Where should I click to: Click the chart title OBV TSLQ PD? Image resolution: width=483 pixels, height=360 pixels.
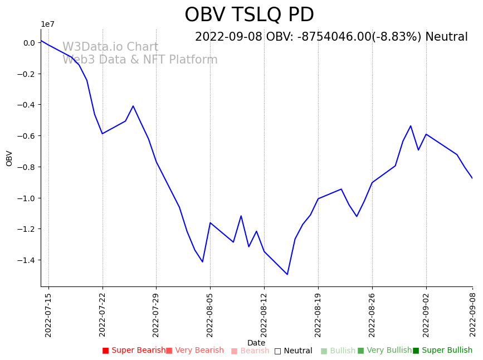pyautogui.click(x=249, y=15)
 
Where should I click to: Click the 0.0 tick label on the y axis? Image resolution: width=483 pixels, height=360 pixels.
pyautogui.click(x=29, y=43)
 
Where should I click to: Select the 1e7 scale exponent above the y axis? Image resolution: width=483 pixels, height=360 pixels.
pyautogui.click(x=47, y=25)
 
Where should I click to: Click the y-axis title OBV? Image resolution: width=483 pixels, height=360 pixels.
pyautogui.click(x=9, y=158)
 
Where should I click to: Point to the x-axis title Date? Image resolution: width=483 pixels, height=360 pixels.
pyautogui.click(x=256, y=343)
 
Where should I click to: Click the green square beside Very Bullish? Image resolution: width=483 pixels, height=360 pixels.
pyautogui.click(x=360, y=351)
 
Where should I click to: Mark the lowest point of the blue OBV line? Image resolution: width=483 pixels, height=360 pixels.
pyautogui.click(x=287, y=274)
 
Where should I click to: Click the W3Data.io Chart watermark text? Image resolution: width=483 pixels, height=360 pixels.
pyautogui.click(x=110, y=47)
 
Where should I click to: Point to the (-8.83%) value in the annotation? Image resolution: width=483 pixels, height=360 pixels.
pyautogui.click(x=397, y=37)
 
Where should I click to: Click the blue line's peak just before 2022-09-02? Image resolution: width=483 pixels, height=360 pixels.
pyautogui.click(x=411, y=125)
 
